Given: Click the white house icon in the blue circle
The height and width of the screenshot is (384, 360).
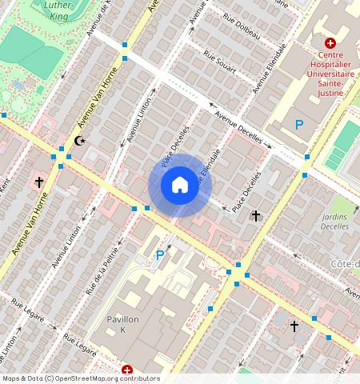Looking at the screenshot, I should coord(180,186).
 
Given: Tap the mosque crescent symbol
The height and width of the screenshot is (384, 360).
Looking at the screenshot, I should coord(78,141).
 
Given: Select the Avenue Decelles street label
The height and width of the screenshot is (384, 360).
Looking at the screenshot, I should coord(238,128).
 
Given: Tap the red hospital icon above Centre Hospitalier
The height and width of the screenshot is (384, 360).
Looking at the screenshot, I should coord(330,42).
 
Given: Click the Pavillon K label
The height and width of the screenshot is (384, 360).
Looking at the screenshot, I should coord(123,324).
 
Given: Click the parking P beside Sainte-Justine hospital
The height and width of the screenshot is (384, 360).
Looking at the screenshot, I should coord(299,125).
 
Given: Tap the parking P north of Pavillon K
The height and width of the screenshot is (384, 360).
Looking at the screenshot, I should coord(160,256).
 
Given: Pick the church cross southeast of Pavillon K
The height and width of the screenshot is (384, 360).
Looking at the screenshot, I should coord(294,326).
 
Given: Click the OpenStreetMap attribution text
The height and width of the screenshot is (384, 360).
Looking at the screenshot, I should coord(81,378).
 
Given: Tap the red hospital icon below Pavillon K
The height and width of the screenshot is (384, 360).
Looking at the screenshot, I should coord(127,370).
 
